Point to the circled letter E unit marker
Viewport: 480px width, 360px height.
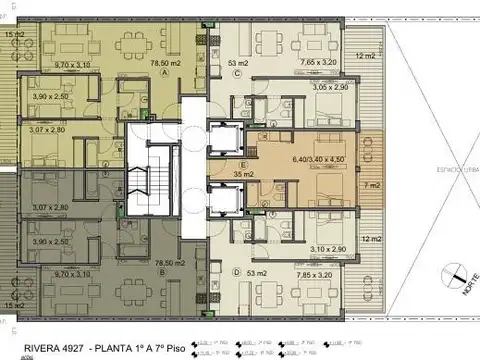[x=243, y=164]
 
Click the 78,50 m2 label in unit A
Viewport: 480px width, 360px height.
[x=164, y=62]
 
